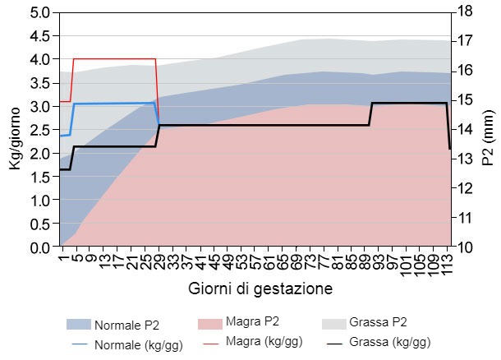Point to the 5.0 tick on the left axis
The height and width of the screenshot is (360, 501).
[x=39, y=13]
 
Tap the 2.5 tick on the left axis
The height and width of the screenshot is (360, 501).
[x=39, y=130]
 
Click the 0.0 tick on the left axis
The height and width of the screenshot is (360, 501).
[x=39, y=247]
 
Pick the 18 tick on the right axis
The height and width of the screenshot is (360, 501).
[x=464, y=13]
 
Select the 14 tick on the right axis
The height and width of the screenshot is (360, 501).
[x=464, y=130]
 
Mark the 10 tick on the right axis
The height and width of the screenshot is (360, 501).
[x=464, y=247]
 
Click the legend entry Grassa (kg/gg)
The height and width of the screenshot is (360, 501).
[x=388, y=341]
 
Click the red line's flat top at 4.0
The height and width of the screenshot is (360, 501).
[x=115, y=59]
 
